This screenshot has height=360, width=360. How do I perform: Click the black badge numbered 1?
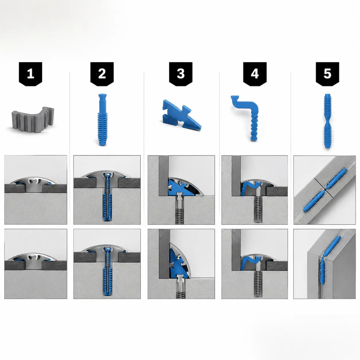click(30, 74)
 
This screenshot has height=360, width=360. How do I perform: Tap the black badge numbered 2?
click(102, 74)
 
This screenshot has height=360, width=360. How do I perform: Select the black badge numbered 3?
click(181, 74)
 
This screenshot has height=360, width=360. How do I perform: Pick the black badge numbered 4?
click(255, 74)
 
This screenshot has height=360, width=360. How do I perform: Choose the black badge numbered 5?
click(328, 74)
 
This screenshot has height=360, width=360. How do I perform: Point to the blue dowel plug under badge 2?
click(102, 119)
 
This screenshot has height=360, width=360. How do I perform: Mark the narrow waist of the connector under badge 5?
click(328, 121)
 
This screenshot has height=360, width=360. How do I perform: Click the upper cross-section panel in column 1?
click(36, 190)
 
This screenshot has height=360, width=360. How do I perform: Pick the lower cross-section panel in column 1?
click(36, 264)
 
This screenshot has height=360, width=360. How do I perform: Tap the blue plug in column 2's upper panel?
click(107, 198)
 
